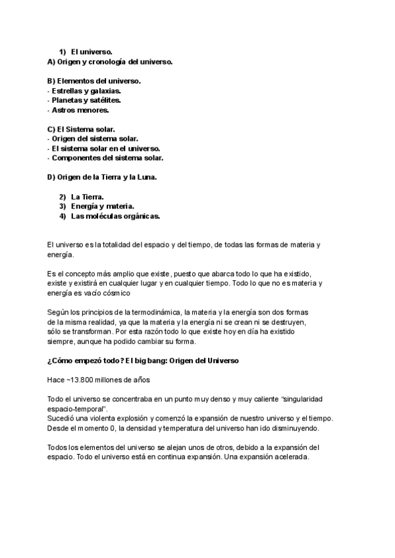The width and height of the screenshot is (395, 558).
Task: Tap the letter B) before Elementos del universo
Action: [x=51, y=81]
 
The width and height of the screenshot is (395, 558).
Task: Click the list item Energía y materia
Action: [x=102, y=207]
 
